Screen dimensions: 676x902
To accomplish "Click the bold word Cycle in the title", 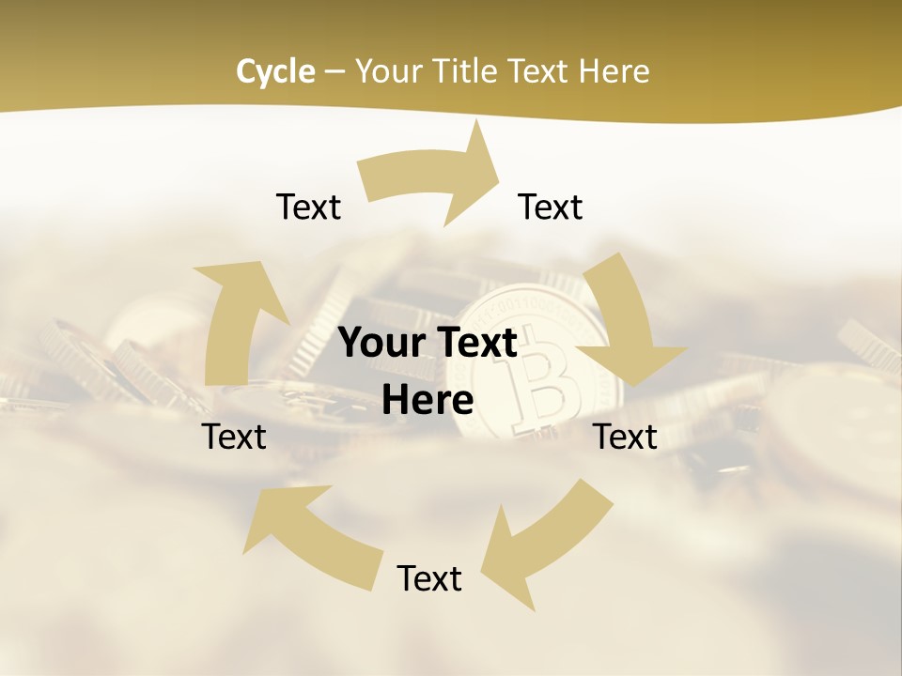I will pos(275,71).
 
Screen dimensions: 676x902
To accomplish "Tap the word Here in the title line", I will pos(614,71).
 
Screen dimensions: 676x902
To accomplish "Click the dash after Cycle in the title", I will pos(335,71).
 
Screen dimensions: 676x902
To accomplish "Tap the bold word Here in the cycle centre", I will pos(428,400).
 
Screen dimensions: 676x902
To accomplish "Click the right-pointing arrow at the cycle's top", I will pos(442,174).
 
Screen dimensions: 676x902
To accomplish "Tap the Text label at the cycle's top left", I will pos(308,207).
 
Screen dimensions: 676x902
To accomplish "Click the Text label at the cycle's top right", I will pos(551,207).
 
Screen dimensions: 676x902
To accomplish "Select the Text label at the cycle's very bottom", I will pos(429,578).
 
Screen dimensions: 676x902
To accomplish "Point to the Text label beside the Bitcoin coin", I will pos(625,437).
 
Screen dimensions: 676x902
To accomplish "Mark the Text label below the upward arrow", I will pos(234,437).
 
